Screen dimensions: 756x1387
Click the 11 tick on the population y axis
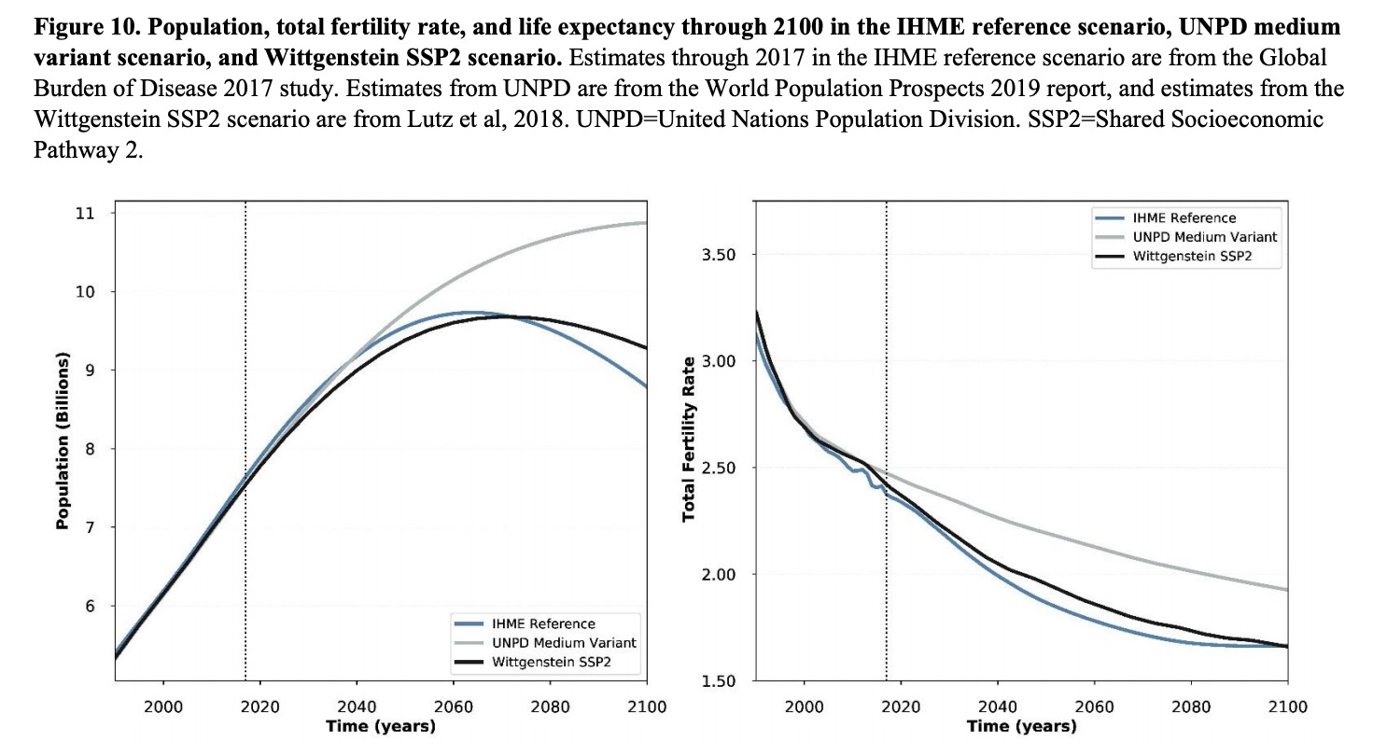86,213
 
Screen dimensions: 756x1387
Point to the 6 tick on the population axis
90,606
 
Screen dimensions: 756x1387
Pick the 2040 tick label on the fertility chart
997,707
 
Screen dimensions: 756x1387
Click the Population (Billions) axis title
63,441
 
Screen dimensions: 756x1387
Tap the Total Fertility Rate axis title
690,439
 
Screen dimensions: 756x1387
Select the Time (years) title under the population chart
380,726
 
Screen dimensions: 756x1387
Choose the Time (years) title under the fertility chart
1021,726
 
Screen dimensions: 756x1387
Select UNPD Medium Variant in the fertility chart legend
1204,237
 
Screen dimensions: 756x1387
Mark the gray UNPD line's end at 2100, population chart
646,223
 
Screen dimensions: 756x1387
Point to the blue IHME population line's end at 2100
646,386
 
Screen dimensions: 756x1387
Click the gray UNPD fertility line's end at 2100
1287,590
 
